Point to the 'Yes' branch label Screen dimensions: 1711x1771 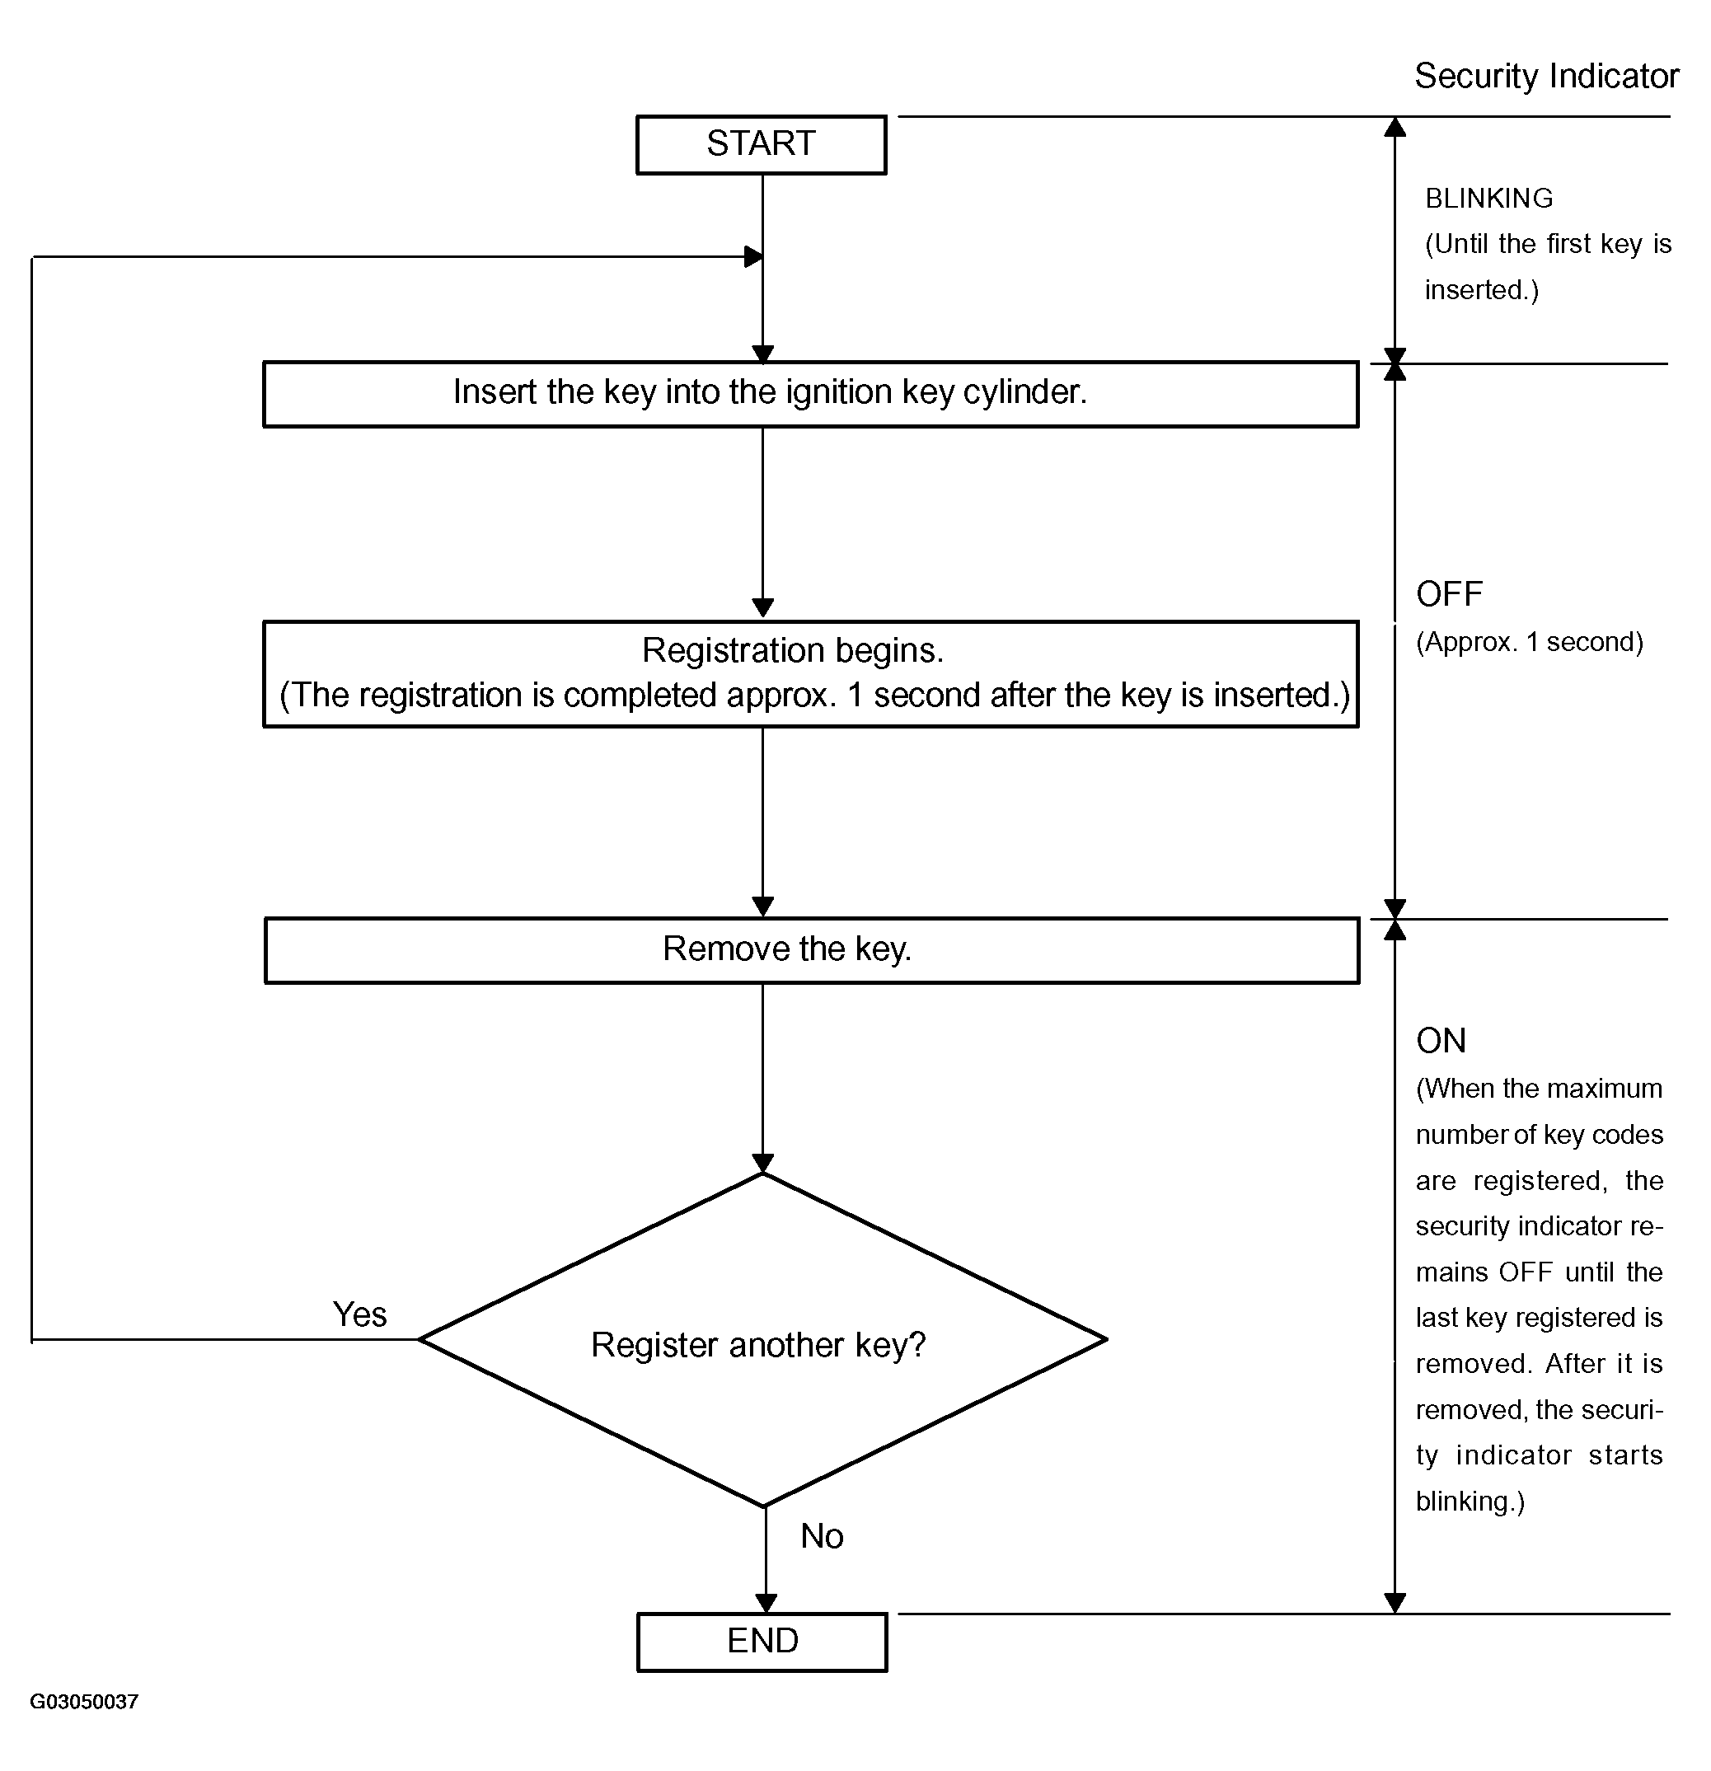359,1314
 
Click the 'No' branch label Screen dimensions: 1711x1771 822,1536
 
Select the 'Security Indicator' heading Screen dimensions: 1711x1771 1546,77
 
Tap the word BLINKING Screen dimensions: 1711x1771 1488,198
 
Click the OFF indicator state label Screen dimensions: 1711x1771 1449,594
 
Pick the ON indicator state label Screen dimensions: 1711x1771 1441,1041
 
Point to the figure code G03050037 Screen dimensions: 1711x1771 84,1703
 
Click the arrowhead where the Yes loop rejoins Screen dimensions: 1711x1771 754,256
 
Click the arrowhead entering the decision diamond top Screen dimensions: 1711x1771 763,1164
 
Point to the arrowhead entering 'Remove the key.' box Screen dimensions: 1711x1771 763,907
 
